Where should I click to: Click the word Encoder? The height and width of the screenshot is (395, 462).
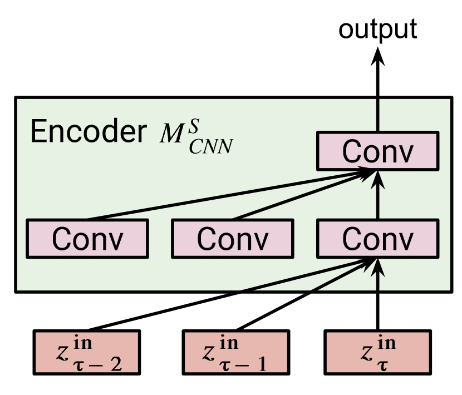88,132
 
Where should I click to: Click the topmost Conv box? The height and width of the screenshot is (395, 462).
378,151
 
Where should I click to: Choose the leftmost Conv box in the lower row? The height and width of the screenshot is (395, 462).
87,239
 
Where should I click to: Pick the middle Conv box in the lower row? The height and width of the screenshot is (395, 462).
232,239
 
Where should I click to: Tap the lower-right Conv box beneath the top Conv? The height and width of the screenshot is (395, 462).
378,239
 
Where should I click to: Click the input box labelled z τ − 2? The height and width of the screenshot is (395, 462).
87,353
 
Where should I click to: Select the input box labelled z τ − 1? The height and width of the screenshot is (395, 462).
235,353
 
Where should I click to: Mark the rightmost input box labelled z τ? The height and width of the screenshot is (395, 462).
377,353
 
